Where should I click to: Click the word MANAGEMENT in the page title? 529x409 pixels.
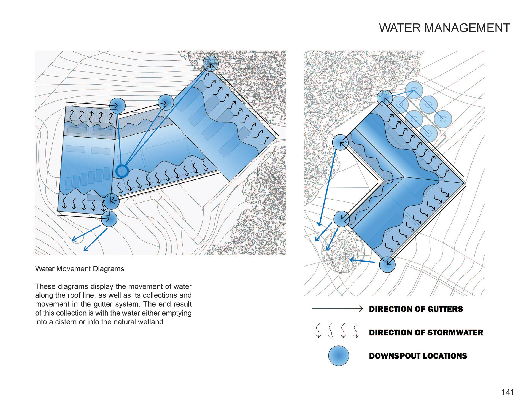[x=467, y=28]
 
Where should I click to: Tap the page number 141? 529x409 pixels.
[x=507, y=392]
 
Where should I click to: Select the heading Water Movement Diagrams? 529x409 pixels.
[x=80, y=269]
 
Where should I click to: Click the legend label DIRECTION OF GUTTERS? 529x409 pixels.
[x=416, y=309]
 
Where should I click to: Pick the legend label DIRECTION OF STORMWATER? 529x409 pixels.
[x=426, y=332]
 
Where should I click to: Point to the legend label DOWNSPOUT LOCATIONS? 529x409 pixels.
[x=418, y=356]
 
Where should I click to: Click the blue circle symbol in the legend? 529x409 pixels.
[x=339, y=356]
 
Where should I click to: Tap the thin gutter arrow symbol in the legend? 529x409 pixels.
[x=337, y=309]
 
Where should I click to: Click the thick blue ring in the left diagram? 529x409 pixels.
[x=122, y=171]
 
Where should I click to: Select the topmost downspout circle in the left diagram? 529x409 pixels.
[x=210, y=64]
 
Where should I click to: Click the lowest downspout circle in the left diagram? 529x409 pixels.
[x=109, y=219]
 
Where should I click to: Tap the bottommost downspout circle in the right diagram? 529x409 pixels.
[x=387, y=264]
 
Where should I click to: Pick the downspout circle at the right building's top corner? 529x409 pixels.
[x=385, y=98]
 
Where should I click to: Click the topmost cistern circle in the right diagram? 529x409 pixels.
[x=414, y=90]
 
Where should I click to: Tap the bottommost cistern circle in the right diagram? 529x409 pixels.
[x=428, y=133]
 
